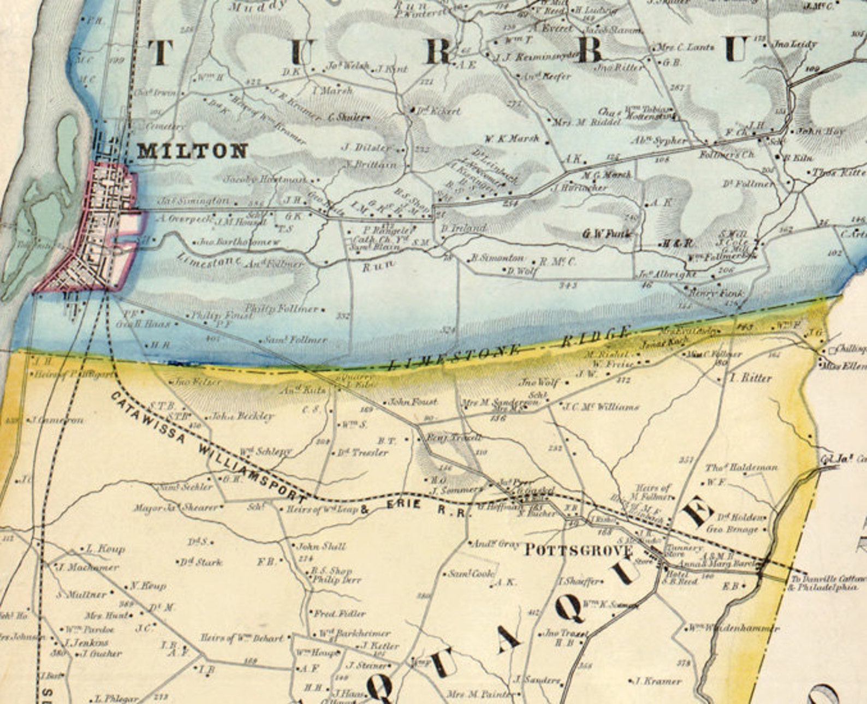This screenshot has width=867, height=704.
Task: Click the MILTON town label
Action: pos(192,151)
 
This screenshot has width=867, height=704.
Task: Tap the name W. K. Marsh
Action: pos(512,139)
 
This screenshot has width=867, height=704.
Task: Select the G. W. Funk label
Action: pos(606,234)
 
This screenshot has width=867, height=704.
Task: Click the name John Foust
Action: pos(413,402)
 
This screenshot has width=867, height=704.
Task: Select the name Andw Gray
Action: pos(495,544)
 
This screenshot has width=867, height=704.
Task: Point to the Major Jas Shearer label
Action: pos(176,508)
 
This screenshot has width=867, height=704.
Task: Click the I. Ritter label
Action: pos(751,378)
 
